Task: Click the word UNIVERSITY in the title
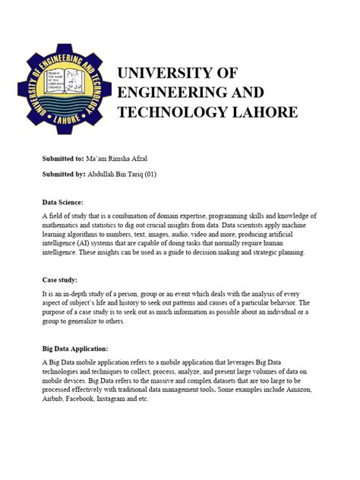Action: (165, 74)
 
